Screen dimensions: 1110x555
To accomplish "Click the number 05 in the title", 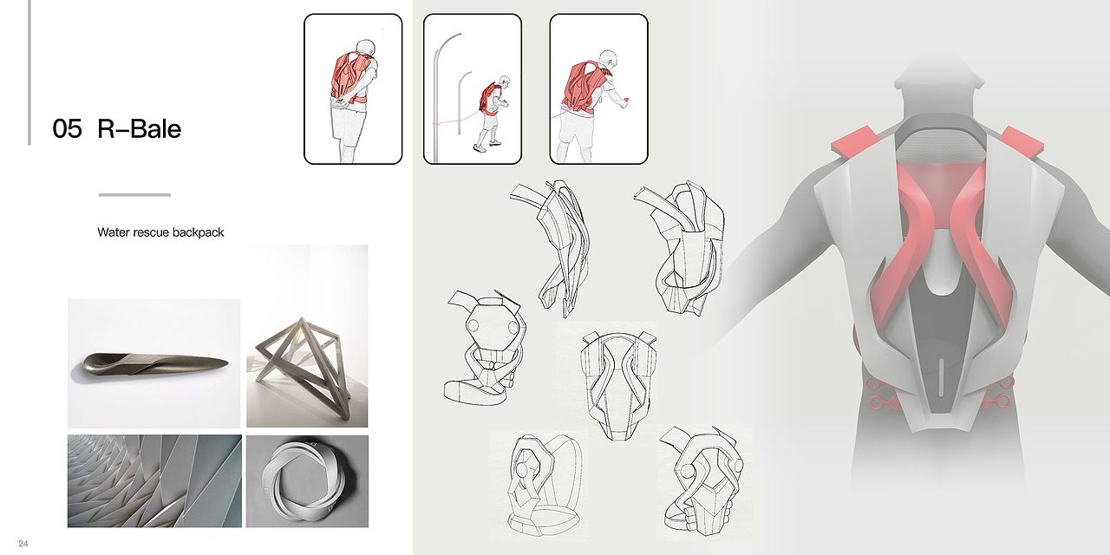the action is pyautogui.click(x=67, y=129).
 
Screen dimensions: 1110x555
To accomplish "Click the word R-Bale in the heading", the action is pyautogui.click(x=140, y=129).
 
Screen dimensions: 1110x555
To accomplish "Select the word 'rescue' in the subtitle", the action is pyautogui.click(x=147, y=232).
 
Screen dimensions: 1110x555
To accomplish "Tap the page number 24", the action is pyautogui.click(x=23, y=544).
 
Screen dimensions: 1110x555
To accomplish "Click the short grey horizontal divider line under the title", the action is pyautogui.click(x=134, y=195).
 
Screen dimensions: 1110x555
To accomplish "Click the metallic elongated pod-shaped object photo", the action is pyautogui.click(x=153, y=363).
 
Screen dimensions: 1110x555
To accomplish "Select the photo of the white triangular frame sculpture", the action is pyautogui.click(x=307, y=336).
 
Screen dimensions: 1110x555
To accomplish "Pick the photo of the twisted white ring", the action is pyautogui.click(x=307, y=481).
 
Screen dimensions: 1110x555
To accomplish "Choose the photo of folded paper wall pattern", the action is pyautogui.click(x=154, y=481).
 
